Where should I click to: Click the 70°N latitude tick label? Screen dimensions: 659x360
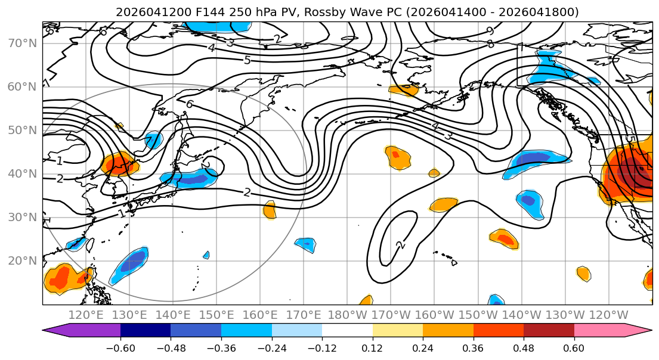[x=22, y=44]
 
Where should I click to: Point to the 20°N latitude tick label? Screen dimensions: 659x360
[x=22, y=261]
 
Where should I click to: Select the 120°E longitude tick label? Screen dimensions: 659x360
[x=86, y=315]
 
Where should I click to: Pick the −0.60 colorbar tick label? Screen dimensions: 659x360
[x=120, y=348]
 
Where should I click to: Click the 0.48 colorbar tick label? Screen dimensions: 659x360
[x=524, y=348]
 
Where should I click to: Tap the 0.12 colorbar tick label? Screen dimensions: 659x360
[x=372, y=348]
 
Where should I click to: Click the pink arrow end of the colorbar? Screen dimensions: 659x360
[x=614, y=331]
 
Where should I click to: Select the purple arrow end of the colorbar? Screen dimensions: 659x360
[x=81, y=331]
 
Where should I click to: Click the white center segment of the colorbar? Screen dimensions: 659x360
[x=347, y=331]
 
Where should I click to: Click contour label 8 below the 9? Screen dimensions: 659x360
[x=490, y=44]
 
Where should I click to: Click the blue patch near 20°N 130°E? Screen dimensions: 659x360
[x=129, y=265]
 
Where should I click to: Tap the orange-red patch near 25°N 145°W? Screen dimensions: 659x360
[x=505, y=239]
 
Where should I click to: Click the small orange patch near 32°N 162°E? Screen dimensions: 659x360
[x=270, y=210]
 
